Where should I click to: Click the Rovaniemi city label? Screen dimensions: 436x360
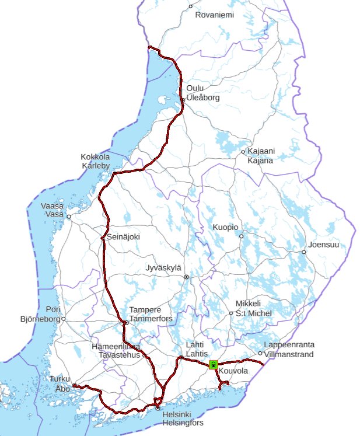(x=214, y=15)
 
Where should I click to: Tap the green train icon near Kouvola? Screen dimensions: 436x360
(x=214, y=365)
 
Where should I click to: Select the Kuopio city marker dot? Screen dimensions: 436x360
(x=241, y=236)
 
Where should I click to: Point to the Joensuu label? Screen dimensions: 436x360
(x=324, y=245)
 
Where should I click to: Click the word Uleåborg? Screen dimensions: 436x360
(x=202, y=98)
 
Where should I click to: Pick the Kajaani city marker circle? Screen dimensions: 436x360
(x=243, y=152)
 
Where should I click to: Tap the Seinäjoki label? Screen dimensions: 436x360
(x=124, y=237)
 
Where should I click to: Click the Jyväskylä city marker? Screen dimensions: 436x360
(x=186, y=277)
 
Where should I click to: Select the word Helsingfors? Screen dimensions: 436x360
(x=183, y=423)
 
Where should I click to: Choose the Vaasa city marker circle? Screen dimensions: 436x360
(x=68, y=217)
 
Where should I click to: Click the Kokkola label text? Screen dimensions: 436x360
(x=95, y=157)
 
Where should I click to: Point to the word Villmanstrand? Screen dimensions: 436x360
(x=289, y=354)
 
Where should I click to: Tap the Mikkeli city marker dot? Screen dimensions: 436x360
(x=231, y=313)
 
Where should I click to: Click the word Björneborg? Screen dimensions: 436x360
(x=40, y=319)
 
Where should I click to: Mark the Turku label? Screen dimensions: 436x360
(x=60, y=378)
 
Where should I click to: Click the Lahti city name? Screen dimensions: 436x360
(x=194, y=345)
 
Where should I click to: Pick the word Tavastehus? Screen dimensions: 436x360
(x=118, y=354)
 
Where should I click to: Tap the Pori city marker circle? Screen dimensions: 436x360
(x=63, y=319)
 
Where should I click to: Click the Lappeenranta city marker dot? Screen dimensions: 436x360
(x=260, y=353)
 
